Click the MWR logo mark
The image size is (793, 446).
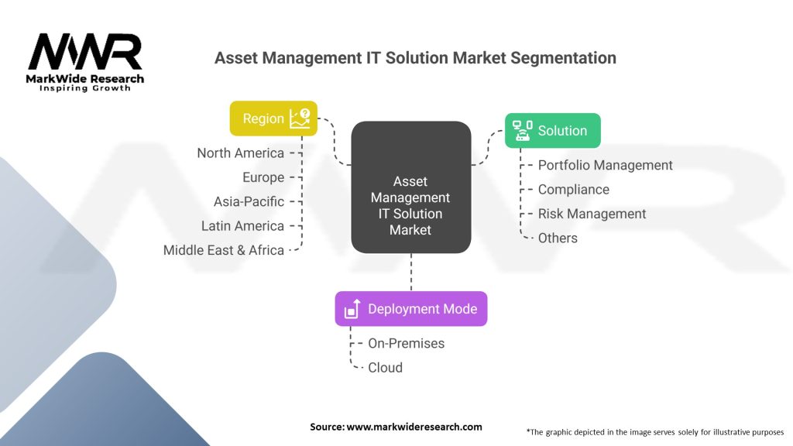point(85,53)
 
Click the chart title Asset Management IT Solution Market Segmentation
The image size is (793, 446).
point(415,58)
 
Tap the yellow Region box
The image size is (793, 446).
point(273,118)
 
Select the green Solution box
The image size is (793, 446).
point(552,131)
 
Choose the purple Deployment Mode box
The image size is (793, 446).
point(410,309)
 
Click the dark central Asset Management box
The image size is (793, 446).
point(410,187)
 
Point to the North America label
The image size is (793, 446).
point(240,153)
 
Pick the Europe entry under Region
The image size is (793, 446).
point(263,177)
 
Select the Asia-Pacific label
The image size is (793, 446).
point(249,201)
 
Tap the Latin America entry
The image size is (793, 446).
point(242,226)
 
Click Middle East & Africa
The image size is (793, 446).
point(224,250)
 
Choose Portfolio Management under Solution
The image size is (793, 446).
point(605,165)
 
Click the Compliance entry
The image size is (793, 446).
point(573,190)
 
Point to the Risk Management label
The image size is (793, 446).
point(592,214)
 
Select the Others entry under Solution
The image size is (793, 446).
point(558,238)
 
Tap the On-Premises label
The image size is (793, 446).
point(406,343)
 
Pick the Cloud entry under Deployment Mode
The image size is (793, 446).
point(385,368)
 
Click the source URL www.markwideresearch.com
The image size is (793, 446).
point(414,427)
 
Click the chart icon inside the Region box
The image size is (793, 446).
point(300,118)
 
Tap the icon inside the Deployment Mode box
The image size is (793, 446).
point(352,309)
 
